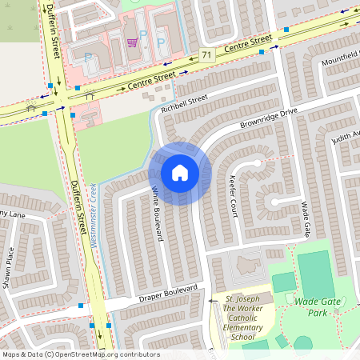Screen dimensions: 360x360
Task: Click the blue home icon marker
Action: [x=179, y=172]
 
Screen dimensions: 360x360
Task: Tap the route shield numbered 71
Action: [x=207, y=55]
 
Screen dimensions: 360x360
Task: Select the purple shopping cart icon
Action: [x=131, y=42]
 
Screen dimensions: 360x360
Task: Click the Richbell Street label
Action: [x=184, y=103]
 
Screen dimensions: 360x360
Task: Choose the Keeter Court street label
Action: [x=234, y=197]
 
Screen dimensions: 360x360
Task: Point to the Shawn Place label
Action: [x=10, y=267]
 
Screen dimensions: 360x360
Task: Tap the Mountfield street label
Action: [x=340, y=62]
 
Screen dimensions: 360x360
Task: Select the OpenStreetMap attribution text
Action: [x=80, y=354]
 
